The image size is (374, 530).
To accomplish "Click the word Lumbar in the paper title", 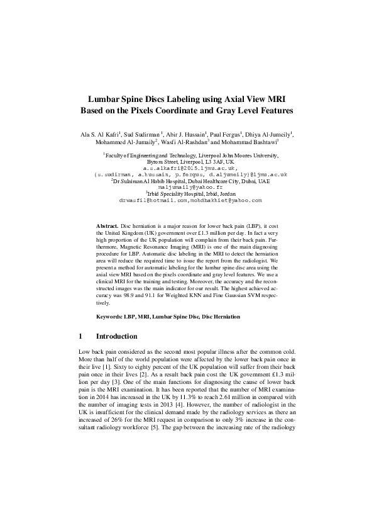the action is [102, 99].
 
